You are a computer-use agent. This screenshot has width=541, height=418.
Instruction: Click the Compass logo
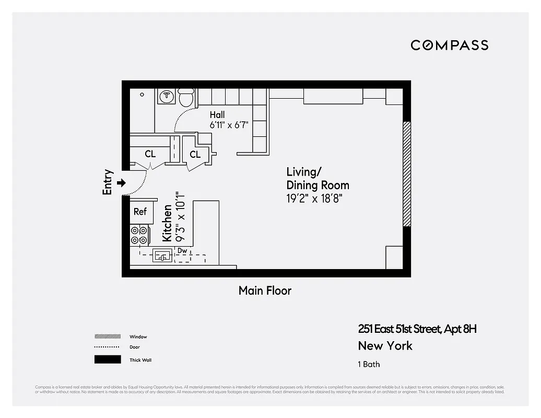pyautogui.click(x=449, y=45)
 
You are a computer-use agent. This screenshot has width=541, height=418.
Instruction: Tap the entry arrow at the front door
pyautogui.click(x=122, y=183)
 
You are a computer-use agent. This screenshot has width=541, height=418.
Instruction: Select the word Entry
pyautogui.click(x=108, y=182)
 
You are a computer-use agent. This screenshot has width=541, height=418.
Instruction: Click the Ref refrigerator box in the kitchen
pyautogui.click(x=140, y=212)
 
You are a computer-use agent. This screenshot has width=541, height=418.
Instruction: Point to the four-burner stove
pyautogui.click(x=139, y=235)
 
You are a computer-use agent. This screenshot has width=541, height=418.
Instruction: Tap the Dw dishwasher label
pyautogui.click(x=182, y=251)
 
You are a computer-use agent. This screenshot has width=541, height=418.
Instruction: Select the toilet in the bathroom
pyautogui.click(x=186, y=97)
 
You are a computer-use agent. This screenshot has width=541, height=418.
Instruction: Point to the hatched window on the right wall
pyautogui.click(x=407, y=174)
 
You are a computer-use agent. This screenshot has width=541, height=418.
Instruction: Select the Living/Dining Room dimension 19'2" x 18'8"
pyautogui.click(x=317, y=199)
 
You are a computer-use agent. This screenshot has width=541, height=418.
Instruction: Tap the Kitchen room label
pyautogui.click(x=167, y=223)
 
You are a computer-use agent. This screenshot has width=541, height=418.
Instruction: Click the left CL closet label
pyautogui.click(x=150, y=154)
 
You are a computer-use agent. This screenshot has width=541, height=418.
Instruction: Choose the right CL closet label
pyautogui.click(x=195, y=154)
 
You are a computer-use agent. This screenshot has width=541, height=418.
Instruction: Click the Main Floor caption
pyautogui.click(x=265, y=291)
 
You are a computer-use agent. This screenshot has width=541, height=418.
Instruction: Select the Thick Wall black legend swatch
pyautogui.click(x=108, y=359)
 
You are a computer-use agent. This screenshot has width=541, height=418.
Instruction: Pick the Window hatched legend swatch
pyautogui.click(x=108, y=337)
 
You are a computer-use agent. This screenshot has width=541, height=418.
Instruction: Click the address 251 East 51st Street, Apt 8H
pyautogui.click(x=417, y=329)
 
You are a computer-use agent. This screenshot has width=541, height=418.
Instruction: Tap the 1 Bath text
pyautogui.click(x=369, y=364)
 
